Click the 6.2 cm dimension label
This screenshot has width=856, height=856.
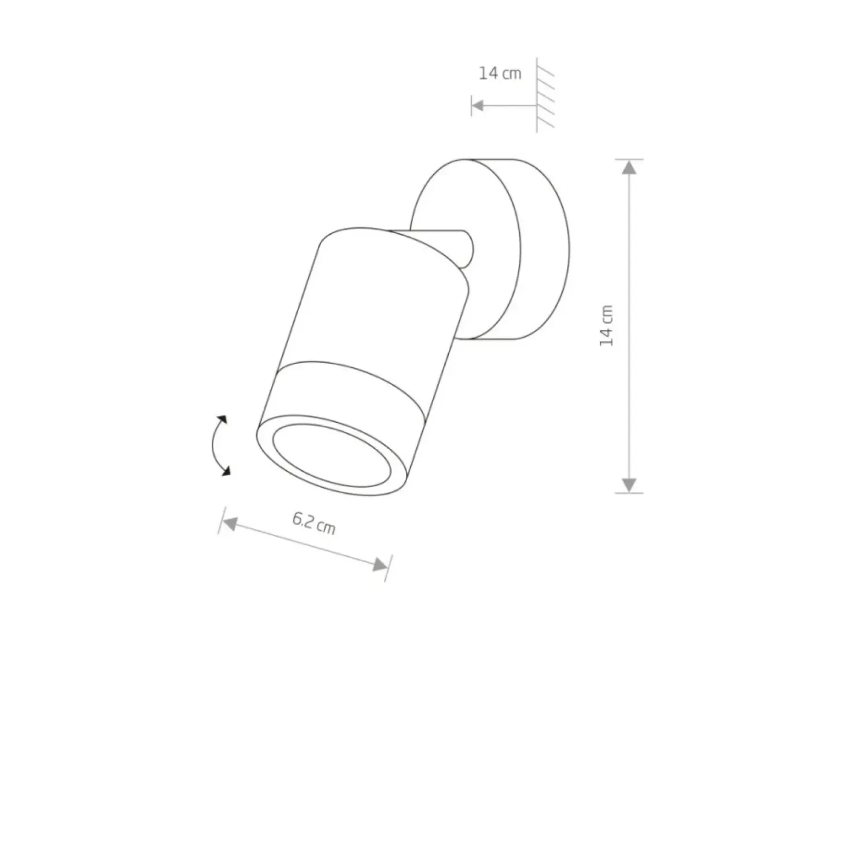[x=313, y=523]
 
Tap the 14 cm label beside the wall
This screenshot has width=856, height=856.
[x=500, y=73]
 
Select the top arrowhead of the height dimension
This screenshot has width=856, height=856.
[x=629, y=167]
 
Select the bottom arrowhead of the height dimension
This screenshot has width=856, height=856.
[x=629, y=485]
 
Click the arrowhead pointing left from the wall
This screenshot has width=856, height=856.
[x=478, y=105]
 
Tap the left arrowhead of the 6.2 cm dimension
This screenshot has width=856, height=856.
[x=230, y=524]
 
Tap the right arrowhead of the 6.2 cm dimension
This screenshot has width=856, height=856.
[x=381, y=565]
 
